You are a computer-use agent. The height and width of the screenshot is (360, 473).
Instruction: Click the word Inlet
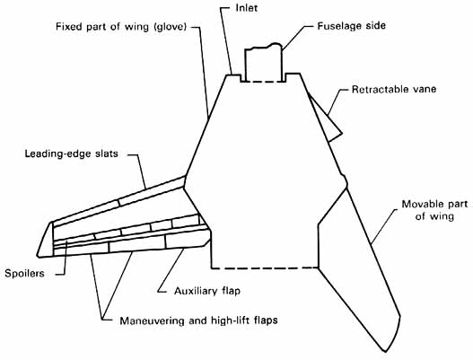(x=247, y=8)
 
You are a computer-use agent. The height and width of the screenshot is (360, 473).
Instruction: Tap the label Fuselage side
(x=352, y=26)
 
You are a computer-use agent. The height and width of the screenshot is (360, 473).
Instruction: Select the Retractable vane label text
(x=394, y=89)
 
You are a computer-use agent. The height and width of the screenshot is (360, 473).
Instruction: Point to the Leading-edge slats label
(x=71, y=154)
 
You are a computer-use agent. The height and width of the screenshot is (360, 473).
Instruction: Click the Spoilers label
(x=24, y=274)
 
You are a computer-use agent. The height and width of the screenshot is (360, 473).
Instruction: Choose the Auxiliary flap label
(x=207, y=291)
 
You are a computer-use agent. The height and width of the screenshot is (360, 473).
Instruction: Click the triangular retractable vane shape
(x=326, y=119)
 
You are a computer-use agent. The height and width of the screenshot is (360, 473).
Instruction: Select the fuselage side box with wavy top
(x=263, y=63)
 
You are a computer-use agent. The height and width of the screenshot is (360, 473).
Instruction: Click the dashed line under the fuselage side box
(x=263, y=82)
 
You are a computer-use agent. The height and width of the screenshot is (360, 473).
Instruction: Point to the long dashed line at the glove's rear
(x=265, y=268)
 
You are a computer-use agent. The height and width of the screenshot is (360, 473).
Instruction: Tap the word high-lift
(x=236, y=320)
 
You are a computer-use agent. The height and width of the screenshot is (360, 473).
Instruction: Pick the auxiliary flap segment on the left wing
(x=187, y=239)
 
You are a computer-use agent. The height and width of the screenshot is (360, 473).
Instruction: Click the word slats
(x=106, y=154)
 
